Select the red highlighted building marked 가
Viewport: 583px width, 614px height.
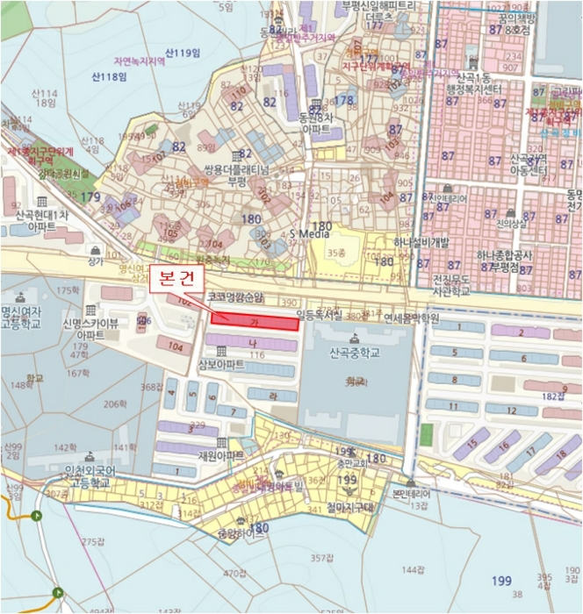(256, 320)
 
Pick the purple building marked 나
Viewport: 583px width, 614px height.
(251, 342)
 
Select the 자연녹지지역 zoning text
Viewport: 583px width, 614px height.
(137, 61)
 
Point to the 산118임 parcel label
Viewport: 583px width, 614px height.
(109, 77)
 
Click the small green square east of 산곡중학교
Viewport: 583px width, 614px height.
(427, 434)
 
